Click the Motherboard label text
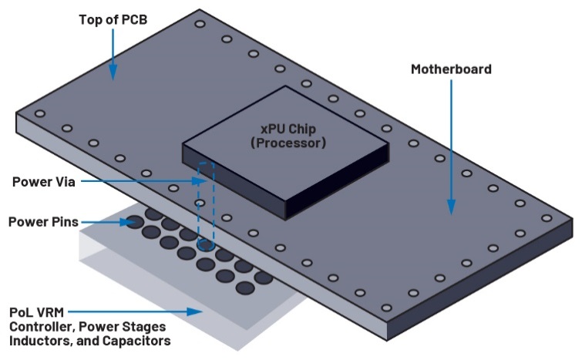click(x=451, y=69)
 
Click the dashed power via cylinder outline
click(x=204, y=204)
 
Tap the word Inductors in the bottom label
click(x=39, y=340)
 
